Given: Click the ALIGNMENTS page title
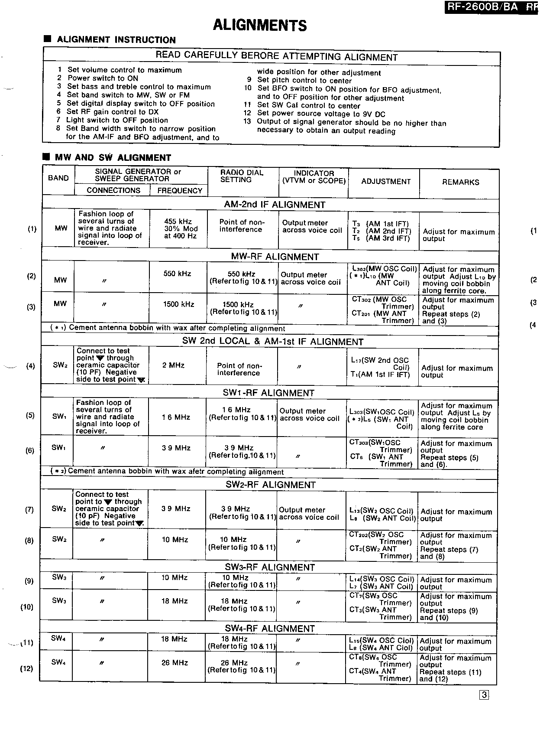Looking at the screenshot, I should tap(260, 26).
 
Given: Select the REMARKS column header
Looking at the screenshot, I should tap(460, 183).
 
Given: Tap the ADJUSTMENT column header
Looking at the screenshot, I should tap(386, 182).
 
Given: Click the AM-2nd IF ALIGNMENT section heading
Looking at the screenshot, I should tap(275, 205).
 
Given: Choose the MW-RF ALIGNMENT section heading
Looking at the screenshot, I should tap(275, 257).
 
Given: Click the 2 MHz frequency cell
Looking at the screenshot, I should tap(173, 365).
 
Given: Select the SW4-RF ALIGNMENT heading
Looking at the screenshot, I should tap(270, 629).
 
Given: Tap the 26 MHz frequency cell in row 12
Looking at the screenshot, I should tap(175, 663).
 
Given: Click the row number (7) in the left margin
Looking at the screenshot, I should tap(29, 510).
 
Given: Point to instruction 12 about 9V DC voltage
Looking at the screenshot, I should tap(314, 114).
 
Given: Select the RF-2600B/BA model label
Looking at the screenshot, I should tap(483, 7).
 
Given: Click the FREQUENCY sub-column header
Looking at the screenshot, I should tap(180, 191).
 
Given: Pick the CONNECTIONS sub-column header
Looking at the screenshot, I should tap(113, 190).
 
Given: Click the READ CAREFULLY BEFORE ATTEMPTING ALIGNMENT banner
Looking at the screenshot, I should tap(276, 56).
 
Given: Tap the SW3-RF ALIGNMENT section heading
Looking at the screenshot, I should tap(270, 567).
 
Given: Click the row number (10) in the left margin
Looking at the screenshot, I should tap(27, 607).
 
